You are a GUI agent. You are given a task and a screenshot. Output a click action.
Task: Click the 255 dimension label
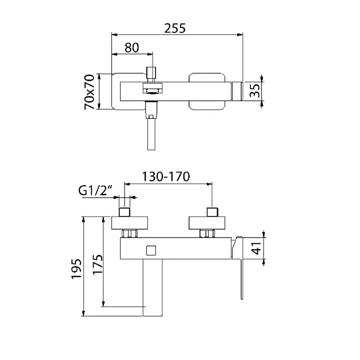pyautogui.click(x=177, y=27)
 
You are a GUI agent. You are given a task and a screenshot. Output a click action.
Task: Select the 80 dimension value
pyautogui.click(x=131, y=48)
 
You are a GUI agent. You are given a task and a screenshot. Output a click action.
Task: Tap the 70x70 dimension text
pyautogui.click(x=90, y=91)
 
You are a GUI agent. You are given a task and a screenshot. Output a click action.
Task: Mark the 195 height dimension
pyautogui.click(x=74, y=267)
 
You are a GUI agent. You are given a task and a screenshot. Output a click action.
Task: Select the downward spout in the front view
pyautogui.click(x=153, y=289)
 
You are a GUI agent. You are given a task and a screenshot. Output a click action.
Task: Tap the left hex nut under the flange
pyautogui.click(x=130, y=233)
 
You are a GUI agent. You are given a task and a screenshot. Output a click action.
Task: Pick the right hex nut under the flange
pyautogui.click(x=207, y=233)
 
